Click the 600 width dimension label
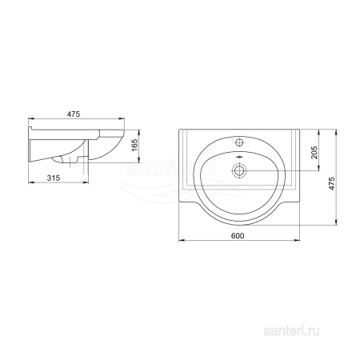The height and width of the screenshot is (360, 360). [x=238, y=236]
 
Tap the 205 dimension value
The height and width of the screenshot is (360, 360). [x=315, y=152]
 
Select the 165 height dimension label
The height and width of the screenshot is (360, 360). [x=135, y=145]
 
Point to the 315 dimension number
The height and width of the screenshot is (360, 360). [x=54, y=178]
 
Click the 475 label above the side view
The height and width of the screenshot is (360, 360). [x=74, y=114]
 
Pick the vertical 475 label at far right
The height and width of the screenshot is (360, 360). [x=331, y=183]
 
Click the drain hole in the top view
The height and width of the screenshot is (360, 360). [x=239, y=170]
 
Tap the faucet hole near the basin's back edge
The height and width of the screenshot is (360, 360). [x=239, y=142]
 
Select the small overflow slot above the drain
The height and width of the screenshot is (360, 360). [x=239, y=157]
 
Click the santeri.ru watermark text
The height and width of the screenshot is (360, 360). [x=291, y=331]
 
